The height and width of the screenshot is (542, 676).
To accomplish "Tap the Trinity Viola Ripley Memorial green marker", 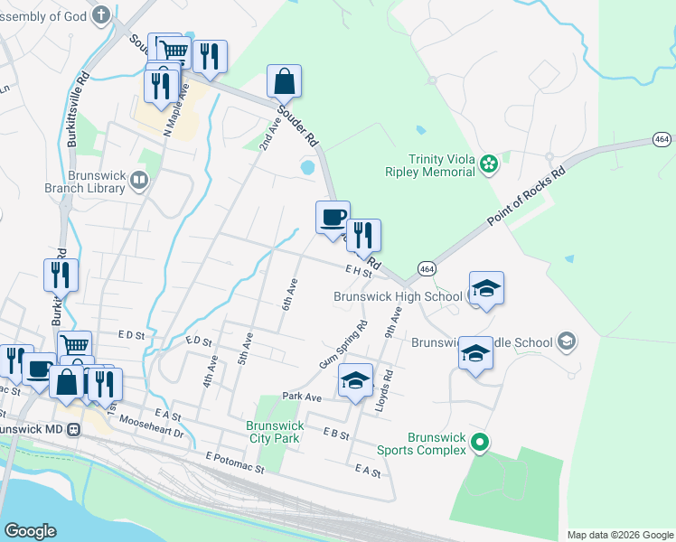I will [489, 164].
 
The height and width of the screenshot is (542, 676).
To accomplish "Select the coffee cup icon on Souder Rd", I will [333, 217].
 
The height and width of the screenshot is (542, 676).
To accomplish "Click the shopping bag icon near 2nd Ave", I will [284, 81].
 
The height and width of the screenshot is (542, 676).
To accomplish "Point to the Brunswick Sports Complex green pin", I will [481, 443].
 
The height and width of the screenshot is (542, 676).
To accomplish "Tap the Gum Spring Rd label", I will [343, 344].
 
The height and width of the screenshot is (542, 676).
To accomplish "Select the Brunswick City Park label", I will [274, 432].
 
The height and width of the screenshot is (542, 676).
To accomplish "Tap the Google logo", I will [31, 531].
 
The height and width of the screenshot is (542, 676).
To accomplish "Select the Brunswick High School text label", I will [398, 295].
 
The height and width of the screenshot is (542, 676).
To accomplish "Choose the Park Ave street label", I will [302, 397].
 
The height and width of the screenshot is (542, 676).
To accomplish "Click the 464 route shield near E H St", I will [427, 267].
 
